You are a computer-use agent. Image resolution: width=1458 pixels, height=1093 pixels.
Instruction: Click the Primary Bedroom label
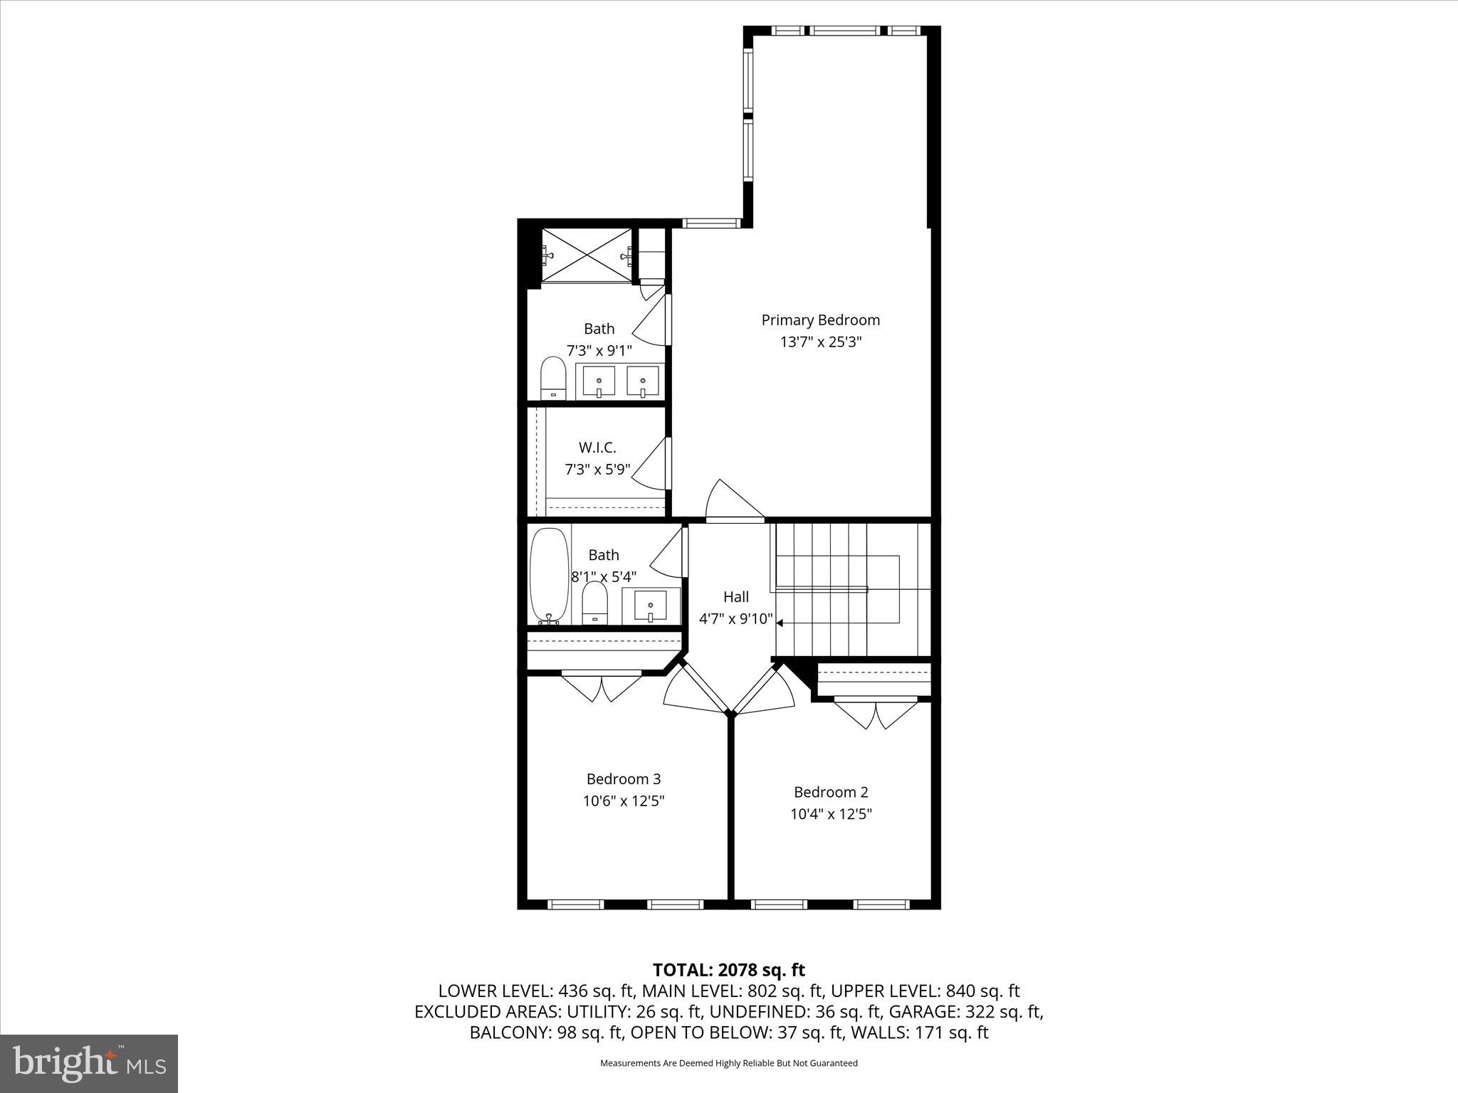pyautogui.click(x=820, y=320)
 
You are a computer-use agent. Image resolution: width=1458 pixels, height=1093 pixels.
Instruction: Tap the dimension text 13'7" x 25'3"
pyautogui.click(x=820, y=342)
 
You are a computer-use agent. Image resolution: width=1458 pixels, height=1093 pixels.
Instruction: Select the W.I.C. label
pyautogui.click(x=597, y=448)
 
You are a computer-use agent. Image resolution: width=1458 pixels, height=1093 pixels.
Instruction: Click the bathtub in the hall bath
pyautogui.click(x=550, y=575)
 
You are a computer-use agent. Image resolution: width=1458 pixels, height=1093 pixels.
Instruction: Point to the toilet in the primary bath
pyautogui.click(x=552, y=379)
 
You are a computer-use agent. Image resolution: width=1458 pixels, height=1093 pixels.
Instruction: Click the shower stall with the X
pyautogui.click(x=587, y=255)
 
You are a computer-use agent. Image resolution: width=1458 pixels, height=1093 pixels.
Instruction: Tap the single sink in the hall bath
pyautogui.click(x=650, y=606)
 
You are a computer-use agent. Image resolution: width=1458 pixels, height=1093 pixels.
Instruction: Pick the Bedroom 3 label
pyautogui.click(x=624, y=779)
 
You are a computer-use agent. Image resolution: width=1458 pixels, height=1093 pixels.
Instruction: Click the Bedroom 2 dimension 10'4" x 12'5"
pyautogui.click(x=831, y=814)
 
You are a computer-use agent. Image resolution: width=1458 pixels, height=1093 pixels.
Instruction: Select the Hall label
pyautogui.click(x=735, y=597)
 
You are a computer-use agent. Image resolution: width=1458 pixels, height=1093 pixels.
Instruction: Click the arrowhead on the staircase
pyautogui.click(x=780, y=623)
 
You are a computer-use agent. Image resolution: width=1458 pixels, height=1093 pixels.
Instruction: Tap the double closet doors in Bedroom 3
pyautogui.click(x=602, y=687)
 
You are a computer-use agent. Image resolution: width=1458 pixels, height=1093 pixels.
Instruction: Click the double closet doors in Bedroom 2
pyautogui.click(x=876, y=714)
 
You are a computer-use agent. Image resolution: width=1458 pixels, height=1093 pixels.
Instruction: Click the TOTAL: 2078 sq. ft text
pyautogui.click(x=728, y=970)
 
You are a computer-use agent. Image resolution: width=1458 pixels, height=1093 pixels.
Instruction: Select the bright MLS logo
pyautogui.click(x=89, y=1064)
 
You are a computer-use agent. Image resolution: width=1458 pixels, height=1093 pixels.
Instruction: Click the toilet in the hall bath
pyautogui.click(x=594, y=603)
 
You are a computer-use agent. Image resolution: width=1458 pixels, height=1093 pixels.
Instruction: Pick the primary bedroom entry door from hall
pyautogui.click(x=733, y=502)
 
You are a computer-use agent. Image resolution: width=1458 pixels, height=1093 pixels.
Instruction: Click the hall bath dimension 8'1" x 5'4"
pyautogui.click(x=603, y=577)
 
